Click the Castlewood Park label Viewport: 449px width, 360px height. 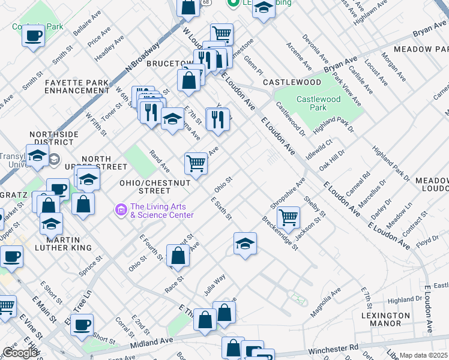pyautogui.click(x=319, y=103)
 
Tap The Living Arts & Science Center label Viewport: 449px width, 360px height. pyautogui.click(x=161, y=211)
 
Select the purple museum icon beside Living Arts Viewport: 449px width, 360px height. pyautogui.click(x=121, y=209)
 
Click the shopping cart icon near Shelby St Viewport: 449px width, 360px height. pyautogui.click(x=289, y=218)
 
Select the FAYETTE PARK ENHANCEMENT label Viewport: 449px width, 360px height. pyautogui.click(x=77, y=86)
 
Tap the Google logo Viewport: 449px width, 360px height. pyautogui.click(x=19, y=353)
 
